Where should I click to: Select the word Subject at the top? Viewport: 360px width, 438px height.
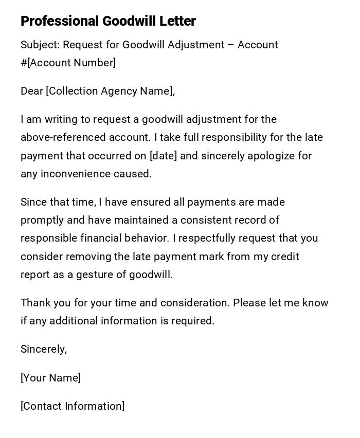[x=40, y=45]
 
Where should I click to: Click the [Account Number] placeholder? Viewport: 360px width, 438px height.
[x=71, y=63]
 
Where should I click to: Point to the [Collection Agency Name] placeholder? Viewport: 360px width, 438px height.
[x=110, y=92]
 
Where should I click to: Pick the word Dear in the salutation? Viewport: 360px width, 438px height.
[x=32, y=92]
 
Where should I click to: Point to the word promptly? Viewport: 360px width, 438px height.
[x=42, y=221]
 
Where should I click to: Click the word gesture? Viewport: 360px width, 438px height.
[x=95, y=275]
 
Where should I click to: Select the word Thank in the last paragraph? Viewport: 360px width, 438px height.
[x=35, y=303]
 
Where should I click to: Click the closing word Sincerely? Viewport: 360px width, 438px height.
[x=43, y=350]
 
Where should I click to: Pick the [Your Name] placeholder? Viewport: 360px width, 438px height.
[x=50, y=378]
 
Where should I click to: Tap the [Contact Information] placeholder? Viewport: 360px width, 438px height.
[x=73, y=406]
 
